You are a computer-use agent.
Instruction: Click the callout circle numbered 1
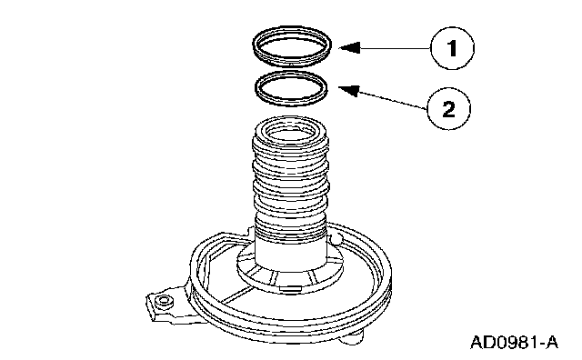452,48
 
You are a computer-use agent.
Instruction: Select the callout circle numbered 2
448,109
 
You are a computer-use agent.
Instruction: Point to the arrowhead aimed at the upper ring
349,47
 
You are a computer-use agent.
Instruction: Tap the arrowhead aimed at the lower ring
349,90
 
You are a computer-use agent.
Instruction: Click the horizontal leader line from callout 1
396,48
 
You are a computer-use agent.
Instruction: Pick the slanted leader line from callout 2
393,100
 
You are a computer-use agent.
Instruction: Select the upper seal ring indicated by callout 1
292,46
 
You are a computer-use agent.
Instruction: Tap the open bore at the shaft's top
290,133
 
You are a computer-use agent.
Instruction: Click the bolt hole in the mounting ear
164,301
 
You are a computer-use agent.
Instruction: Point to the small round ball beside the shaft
336,239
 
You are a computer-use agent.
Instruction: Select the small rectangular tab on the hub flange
290,287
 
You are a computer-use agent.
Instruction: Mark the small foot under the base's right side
353,337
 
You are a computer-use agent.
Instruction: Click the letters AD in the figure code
481,342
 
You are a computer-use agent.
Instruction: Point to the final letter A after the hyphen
551,342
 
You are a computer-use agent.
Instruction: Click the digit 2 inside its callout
448,109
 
